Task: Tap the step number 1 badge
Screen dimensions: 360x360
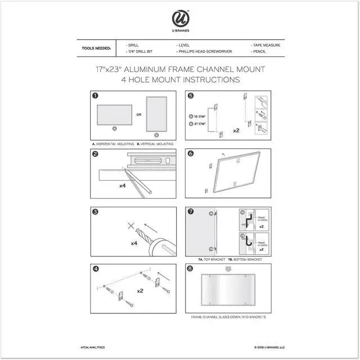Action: (96, 96)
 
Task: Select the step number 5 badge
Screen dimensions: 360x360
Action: (191, 96)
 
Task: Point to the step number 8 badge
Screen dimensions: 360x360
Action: (191, 269)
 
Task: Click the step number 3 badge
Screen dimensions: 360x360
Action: (96, 212)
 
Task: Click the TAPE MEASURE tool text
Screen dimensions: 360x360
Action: (265, 44)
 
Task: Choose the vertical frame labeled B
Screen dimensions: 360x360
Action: (156, 114)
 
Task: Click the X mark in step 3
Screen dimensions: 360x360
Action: (131, 226)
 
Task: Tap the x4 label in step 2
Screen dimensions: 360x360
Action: (122, 184)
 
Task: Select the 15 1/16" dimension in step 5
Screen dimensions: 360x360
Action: (199, 116)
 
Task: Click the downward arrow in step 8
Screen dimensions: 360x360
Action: (228, 269)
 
